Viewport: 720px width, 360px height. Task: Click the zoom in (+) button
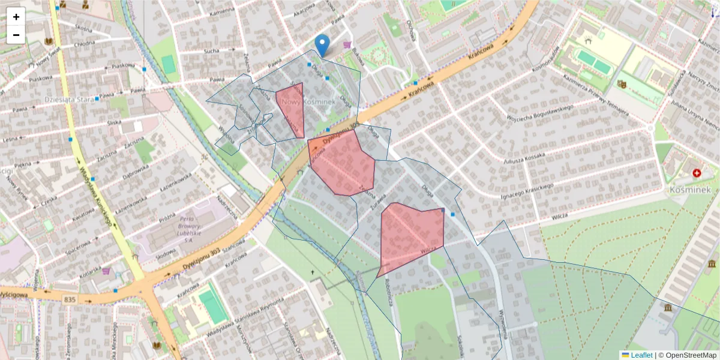pyautogui.click(x=16, y=17)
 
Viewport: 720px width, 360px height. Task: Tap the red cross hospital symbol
pyautogui.click(x=697, y=173)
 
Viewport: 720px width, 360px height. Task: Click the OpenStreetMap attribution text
pyautogui.click(x=687, y=355)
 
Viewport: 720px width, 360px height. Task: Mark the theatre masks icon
pyautogui.click(x=622, y=85)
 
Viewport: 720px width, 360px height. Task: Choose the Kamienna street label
pyautogui.click(x=223, y=11)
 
